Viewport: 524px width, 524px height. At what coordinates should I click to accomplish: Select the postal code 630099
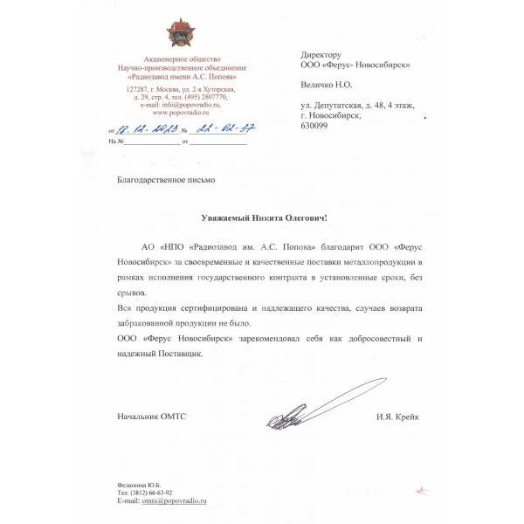pos(314,125)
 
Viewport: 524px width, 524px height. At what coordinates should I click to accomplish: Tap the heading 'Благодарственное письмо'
pos(165,180)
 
